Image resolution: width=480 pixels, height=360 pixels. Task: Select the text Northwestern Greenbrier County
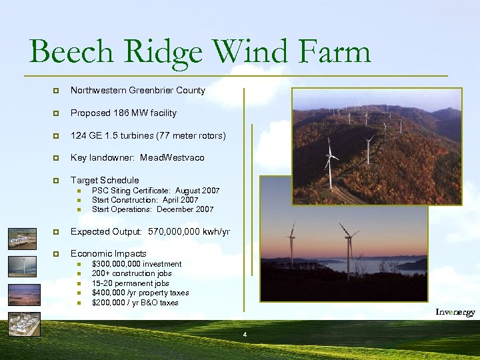[x=138, y=90]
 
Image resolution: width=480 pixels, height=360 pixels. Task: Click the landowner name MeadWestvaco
[x=175, y=158]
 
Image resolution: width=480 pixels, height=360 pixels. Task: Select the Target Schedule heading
[x=105, y=180]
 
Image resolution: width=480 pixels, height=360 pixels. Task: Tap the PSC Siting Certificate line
[x=155, y=191]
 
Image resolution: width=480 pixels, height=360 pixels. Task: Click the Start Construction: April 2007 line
[x=145, y=200]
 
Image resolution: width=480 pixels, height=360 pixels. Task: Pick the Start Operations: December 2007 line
[x=153, y=209]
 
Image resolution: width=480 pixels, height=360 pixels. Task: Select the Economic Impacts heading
[x=108, y=253]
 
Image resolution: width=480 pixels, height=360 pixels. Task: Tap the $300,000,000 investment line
[x=136, y=264]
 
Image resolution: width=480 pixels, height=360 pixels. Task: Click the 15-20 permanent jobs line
[x=130, y=283]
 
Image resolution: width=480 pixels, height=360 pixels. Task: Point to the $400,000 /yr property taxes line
[x=140, y=293]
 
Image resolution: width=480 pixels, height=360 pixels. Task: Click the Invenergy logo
[x=455, y=312]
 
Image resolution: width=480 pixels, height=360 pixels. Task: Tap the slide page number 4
[x=245, y=333]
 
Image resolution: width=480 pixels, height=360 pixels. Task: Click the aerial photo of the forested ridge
[x=377, y=145]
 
